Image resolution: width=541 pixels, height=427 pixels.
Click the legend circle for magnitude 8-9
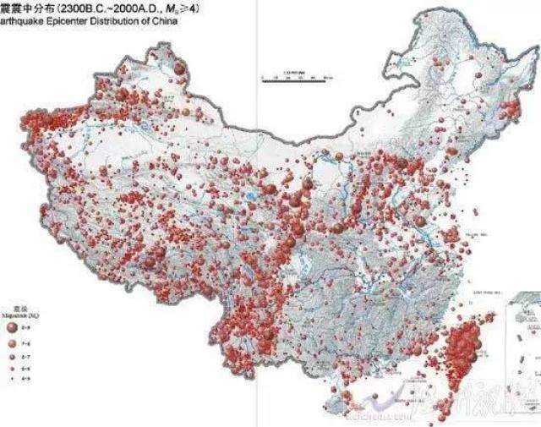coord(12,326)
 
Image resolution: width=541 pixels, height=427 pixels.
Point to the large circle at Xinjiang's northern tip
coord(178,63)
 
